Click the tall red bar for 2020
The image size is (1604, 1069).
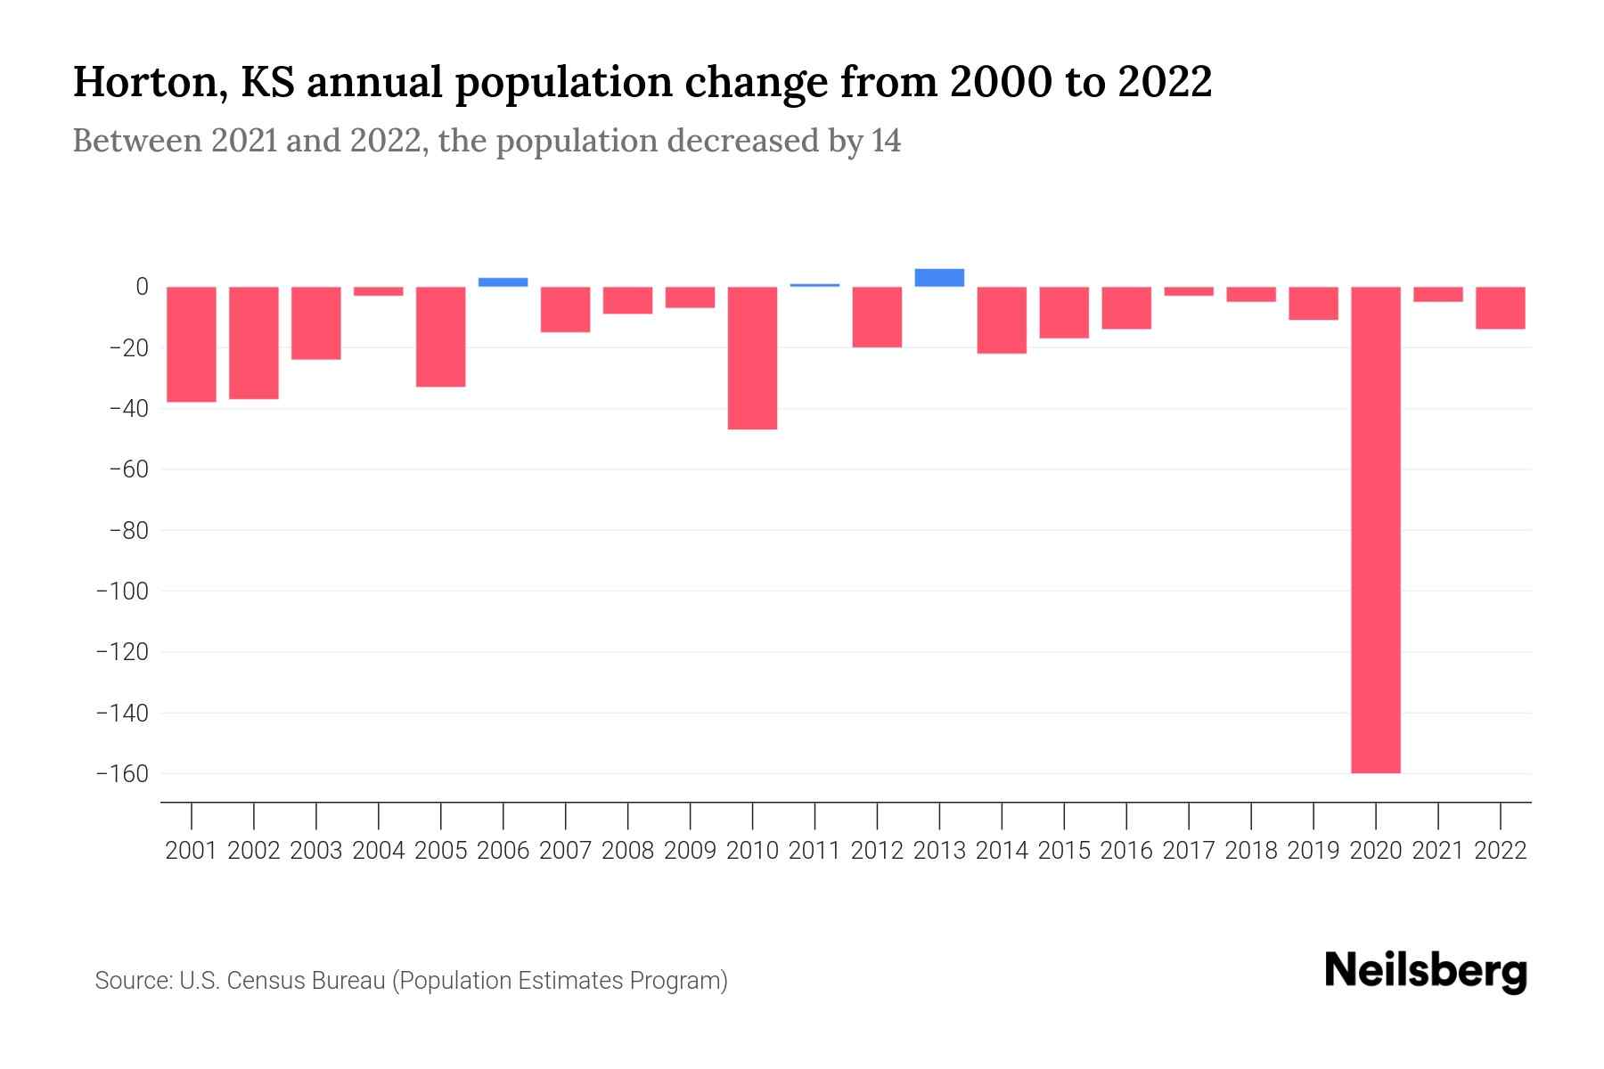(x=1375, y=529)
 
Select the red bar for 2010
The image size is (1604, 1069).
(x=752, y=357)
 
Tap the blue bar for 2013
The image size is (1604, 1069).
(x=939, y=277)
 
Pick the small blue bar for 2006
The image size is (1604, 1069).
(x=503, y=282)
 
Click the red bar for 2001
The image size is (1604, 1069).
(x=192, y=344)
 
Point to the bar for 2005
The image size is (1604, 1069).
(x=440, y=336)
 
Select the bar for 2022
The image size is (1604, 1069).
(x=1500, y=307)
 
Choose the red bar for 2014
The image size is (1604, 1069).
(x=1002, y=320)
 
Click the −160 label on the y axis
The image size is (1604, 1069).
(x=122, y=773)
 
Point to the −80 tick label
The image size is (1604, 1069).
(x=127, y=530)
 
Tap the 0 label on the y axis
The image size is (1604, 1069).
(x=141, y=287)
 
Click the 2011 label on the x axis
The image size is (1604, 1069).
(x=814, y=851)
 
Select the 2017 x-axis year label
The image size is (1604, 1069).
(x=1188, y=851)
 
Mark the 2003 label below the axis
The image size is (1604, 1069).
(x=316, y=851)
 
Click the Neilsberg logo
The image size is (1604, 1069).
(x=1426, y=971)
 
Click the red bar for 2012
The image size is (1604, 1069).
(x=877, y=316)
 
